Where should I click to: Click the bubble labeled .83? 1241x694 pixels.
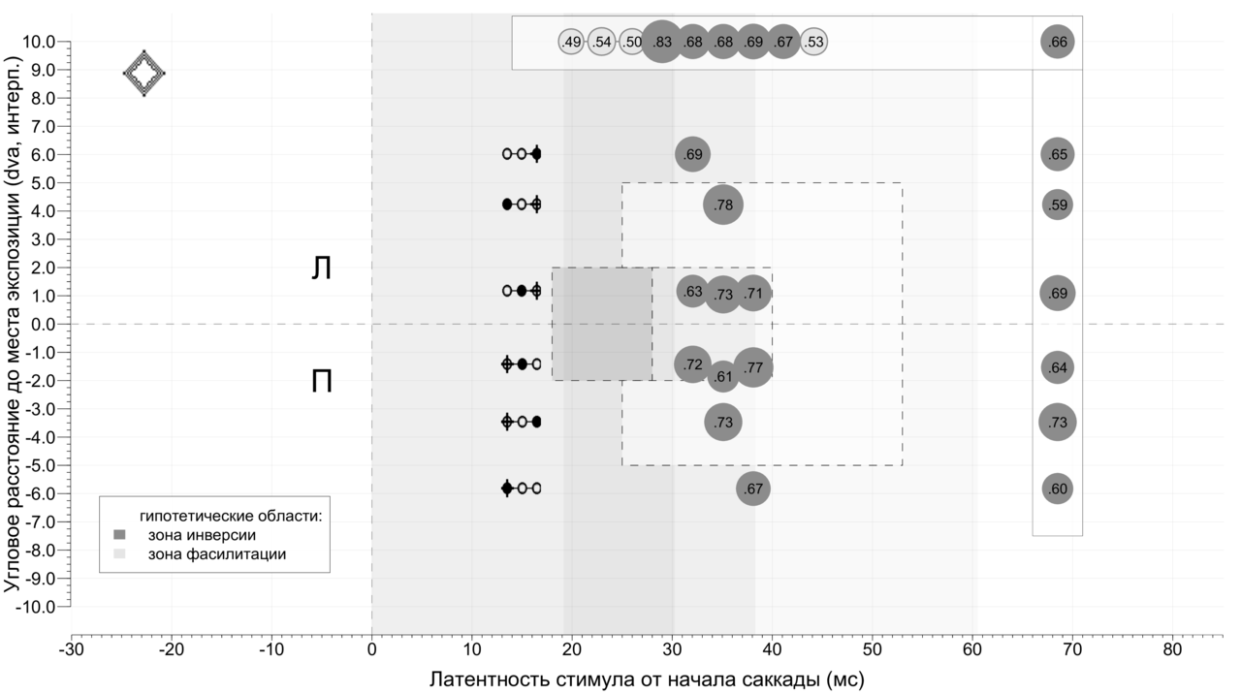(662, 42)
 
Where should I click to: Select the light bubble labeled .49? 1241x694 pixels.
(572, 42)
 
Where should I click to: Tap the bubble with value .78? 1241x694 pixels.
(722, 205)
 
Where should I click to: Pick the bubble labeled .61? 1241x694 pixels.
(722, 376)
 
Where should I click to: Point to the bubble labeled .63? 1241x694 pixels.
(692, 291)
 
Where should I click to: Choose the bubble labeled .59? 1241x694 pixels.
(1057, 205)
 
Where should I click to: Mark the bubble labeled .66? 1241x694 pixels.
(1057, 42)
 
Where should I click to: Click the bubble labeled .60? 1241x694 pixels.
(1057, 489)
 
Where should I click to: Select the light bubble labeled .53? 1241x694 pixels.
(814, 42)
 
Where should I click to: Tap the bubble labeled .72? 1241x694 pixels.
(692, 364)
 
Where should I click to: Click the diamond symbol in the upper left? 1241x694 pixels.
(143, 73)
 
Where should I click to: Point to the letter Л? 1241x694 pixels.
(321, 268)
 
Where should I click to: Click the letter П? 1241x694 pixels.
(321, 382)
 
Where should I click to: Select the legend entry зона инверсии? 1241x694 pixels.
(202, 534)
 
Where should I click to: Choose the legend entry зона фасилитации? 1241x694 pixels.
(215, 554)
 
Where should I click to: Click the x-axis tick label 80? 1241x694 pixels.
(1173, 647)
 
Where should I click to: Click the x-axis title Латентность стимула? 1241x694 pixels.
(647, 678)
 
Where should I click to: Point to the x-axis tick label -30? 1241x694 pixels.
(71, 647)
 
